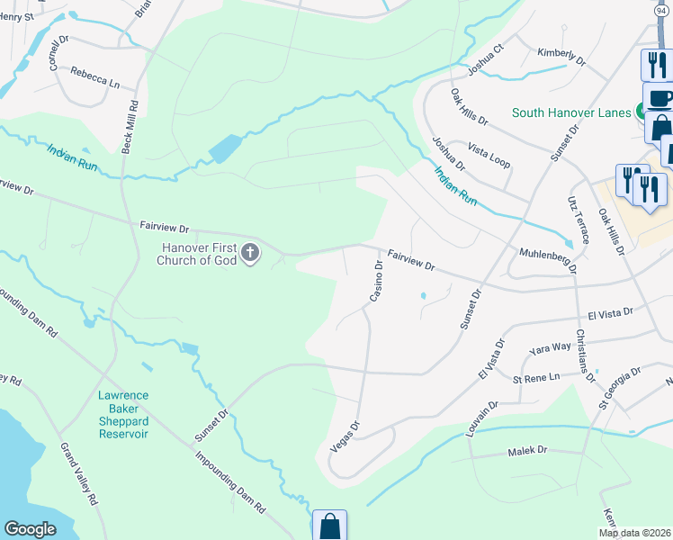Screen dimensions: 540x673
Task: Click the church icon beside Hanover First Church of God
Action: pyautogui.click(x=250, y=255)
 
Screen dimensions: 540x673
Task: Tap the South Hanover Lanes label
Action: pyautogui.click(x=573, y=113)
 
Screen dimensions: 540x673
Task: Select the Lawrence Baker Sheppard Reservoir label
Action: pyautogui.click(x=123, y=415)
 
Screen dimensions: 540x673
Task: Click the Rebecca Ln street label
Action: pyautogui.click(x=95, y=81)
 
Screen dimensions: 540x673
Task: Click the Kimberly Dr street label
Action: pyautogui.click(x=561, y=58)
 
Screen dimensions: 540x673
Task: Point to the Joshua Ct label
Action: pyautogui.click(x=487, y=57)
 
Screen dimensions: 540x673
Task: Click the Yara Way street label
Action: pyautogui.click(x=551, y=347)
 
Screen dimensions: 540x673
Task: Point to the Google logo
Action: pyautogui.click(x=31, y=529)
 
